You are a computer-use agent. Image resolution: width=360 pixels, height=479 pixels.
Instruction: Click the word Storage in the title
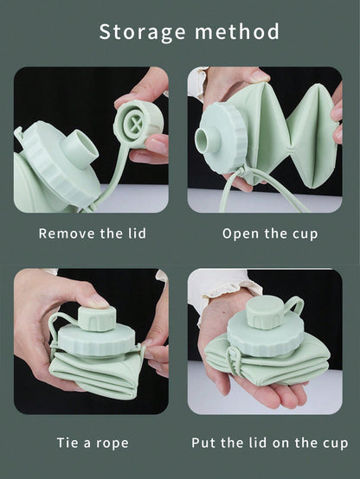click(142, 32)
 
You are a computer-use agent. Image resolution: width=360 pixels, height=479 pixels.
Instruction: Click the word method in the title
click(237, 31)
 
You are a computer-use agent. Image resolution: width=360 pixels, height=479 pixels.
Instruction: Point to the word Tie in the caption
click(67, 443)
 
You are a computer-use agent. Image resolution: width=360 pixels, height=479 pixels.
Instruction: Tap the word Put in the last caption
click(203, 443)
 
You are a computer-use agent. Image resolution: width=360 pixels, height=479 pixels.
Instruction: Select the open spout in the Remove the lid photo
click(80, 146)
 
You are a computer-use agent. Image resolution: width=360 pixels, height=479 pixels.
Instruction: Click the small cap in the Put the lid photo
click(265, 312)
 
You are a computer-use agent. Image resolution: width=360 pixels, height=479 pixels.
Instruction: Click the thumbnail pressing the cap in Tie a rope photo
click(100, 300)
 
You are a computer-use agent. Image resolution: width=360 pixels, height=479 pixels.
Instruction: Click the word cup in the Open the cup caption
click(305, 234)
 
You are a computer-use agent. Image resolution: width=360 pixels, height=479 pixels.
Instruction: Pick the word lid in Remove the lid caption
click(137, 233)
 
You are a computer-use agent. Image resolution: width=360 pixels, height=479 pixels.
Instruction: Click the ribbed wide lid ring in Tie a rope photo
click(97, 341)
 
